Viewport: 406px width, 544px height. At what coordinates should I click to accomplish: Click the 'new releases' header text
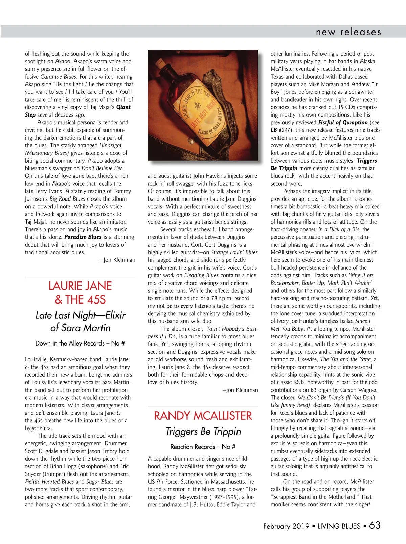(348, 32)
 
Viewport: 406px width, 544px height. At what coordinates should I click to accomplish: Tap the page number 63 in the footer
(375, 525)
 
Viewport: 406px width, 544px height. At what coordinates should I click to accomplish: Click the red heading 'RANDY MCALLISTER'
(203, 416)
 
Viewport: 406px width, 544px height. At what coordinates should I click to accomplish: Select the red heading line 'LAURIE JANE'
(80, 286)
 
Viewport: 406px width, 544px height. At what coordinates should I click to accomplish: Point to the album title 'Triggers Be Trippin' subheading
(203, 432)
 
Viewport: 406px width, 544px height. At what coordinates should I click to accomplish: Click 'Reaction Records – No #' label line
(203, 447)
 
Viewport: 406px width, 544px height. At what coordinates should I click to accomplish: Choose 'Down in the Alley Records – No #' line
(80, 343)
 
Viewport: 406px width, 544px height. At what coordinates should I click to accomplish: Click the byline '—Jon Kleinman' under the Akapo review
(117, 260)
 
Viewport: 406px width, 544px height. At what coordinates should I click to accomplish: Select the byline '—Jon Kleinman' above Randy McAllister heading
(240, 390)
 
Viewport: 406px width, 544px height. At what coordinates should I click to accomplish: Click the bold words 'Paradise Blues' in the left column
(83, 237)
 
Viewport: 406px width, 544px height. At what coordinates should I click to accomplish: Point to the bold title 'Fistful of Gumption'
(343, 123)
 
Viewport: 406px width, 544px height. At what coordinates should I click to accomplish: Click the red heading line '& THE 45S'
(80, 300)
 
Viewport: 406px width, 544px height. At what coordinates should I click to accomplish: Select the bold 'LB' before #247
(273, 130)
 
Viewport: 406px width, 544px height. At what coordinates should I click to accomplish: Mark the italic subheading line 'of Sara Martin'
(80, 328)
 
